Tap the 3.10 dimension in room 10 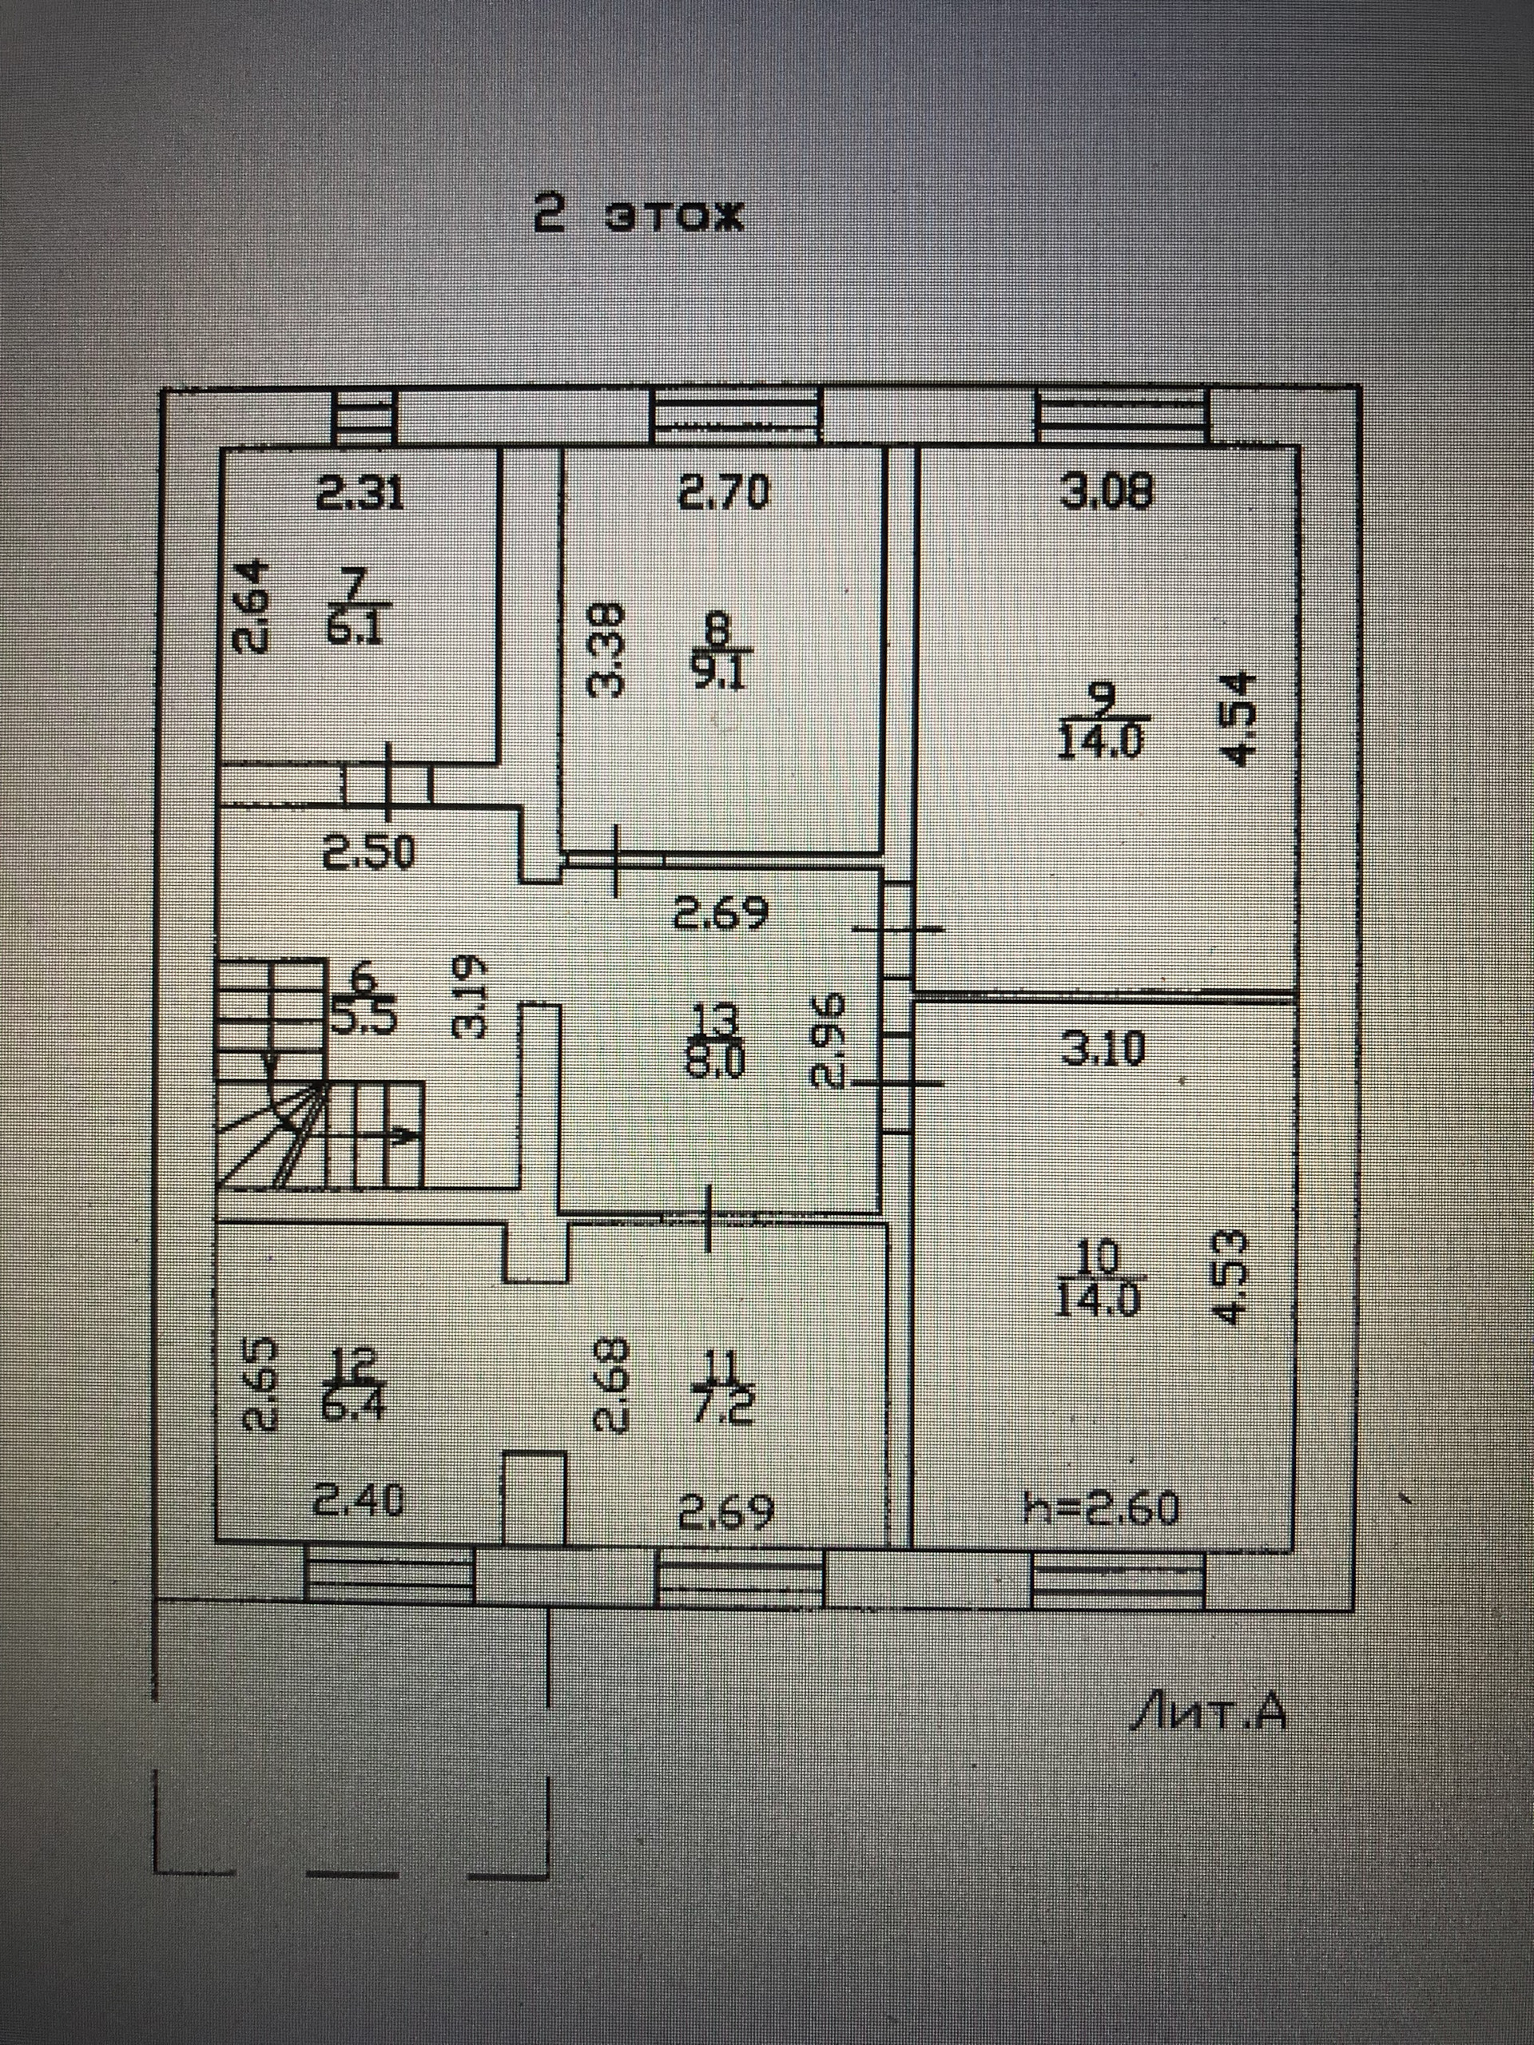click(x=1103, y=1048)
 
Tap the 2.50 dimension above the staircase click(x=369, y=853)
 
